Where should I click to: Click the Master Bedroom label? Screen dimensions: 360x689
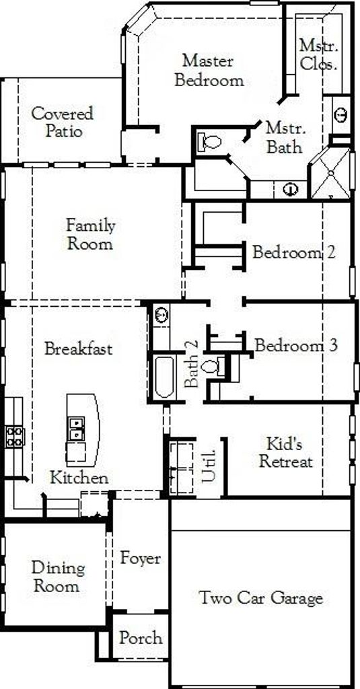(x=209, y=70)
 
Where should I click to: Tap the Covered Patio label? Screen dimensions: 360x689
(x=63, y=122)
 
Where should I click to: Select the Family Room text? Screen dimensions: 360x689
(x=90, y=235)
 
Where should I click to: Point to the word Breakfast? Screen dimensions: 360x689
(x=79, y=349)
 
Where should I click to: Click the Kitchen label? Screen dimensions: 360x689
(x=79, y=478)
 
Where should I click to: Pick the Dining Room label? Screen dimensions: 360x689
(x=58, y=577)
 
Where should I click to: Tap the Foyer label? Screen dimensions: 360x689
(x=141, y=559)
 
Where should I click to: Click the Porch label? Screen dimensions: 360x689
(x=141, y=638)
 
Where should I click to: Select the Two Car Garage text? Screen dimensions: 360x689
(x=261, y=598)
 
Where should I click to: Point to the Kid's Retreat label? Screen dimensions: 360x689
(x=286, y=453)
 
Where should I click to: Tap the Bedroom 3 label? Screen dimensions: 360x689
(x=296, y=345)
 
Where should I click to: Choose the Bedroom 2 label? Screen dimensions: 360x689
(x=294, y=252)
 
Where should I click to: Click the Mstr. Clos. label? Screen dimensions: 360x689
(x=319, y=55)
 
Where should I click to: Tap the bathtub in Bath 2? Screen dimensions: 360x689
(x=164, y=377)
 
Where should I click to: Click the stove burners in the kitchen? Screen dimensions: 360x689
(x=15, y=437)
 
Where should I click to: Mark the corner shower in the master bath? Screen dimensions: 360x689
(x=332, y=174)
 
